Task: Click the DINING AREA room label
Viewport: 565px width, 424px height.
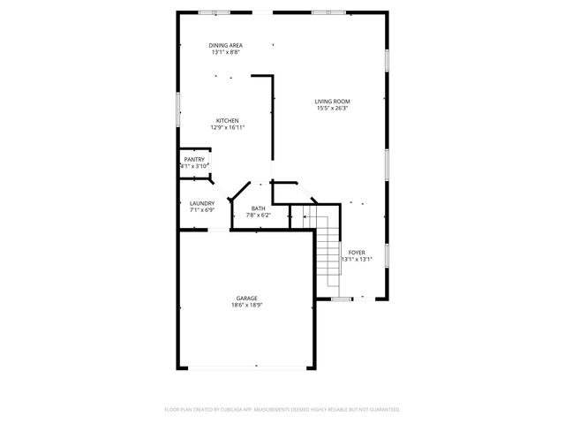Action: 226,45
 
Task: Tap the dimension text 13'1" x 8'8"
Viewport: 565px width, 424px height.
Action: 226,52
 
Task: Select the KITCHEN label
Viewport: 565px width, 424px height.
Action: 228,120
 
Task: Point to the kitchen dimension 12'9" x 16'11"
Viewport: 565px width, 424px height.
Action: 228,127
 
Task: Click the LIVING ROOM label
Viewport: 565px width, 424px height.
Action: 332,102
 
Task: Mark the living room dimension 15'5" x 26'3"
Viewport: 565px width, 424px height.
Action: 332,109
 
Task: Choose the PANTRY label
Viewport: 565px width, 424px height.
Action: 194,159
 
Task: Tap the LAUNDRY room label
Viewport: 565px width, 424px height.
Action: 201,203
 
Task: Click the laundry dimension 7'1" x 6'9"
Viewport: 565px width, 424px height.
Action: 201,210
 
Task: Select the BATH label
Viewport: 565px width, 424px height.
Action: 258,208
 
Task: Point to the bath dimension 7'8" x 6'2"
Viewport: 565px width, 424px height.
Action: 258,215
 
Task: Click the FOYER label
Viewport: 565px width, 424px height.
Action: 357,252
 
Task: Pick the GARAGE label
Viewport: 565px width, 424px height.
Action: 247,298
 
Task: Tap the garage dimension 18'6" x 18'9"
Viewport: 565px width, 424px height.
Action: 247,305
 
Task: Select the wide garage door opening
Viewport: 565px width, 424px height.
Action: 247,367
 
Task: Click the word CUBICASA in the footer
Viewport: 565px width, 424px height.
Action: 237,409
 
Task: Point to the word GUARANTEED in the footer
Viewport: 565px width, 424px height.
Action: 382,409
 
